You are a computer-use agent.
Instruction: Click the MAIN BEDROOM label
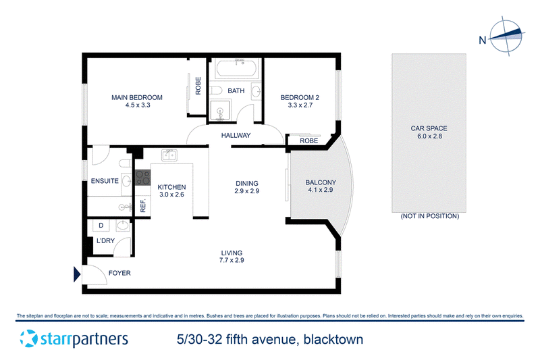click(137, 97)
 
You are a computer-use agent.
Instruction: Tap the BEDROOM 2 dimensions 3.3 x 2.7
click(300, 105)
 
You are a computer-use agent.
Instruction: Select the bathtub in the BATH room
click(236, 69)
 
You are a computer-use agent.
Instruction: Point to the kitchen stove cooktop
click(143, 178)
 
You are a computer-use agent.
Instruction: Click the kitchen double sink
click(169, 155)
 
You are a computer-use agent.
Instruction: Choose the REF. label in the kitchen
click(143, 205)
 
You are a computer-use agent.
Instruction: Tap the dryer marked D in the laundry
click(101, 226)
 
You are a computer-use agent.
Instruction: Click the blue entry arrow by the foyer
click(77, 274)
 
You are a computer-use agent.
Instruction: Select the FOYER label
click(119, 273)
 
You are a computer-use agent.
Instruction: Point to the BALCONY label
click(321, 182)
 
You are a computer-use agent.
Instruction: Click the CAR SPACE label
click(429, 128)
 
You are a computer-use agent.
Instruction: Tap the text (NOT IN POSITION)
click(430, 216)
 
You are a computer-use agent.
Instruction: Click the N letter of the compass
click(483, 41)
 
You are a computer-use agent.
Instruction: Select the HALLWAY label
click(236, 136)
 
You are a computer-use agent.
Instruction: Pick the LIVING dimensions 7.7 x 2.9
click(232, 261)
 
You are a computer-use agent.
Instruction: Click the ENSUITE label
click(105, 181)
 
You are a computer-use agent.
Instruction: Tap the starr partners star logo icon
click(28, 338)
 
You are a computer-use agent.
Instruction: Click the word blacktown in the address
click(333, 340)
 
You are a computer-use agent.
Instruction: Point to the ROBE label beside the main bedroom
click(198, 86)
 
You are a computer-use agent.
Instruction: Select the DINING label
click(247, 184)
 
